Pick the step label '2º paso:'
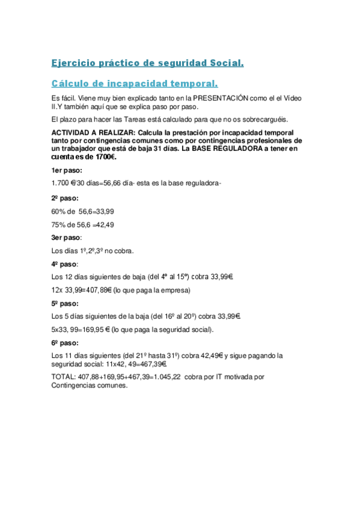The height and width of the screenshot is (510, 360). coord(65,198)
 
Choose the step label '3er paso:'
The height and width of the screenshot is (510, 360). coord(66,238)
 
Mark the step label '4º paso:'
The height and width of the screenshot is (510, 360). coord(65,264)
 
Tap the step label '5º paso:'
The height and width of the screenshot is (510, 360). coord(65,304)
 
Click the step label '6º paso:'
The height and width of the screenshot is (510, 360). coord(65,343)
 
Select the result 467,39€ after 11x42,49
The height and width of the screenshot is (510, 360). coord(150,364)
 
